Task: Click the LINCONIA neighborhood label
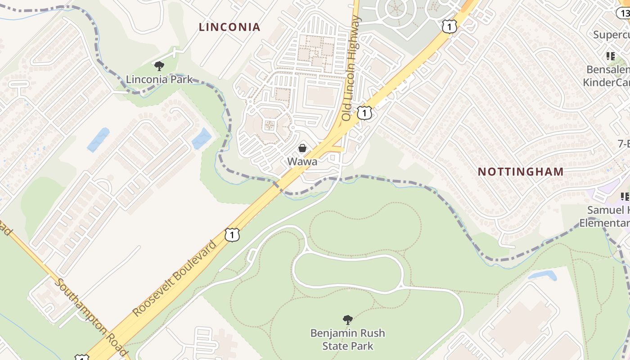tap(229, 27)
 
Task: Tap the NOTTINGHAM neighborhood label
tap(521, 171)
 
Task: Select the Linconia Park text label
tap(159, 80)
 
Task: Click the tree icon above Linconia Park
tap(159, 67)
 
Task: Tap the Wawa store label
tap(302, 161)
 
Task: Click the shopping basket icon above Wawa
tap(302, 148)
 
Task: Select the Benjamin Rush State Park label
tap(347, 339)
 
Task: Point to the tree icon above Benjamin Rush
tap(347, 320)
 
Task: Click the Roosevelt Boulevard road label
tap(175, 278)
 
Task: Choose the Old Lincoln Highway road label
tap(351, 68)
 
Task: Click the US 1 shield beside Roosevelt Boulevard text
tap(232, 234)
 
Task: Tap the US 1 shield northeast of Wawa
tap(364, 112)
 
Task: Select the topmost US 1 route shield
tap(449, 27)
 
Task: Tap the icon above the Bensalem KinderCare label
tap(611, 56)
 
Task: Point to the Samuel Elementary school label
tap(605, 216)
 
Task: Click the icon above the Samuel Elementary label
tap(625, 196)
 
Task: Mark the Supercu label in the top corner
tap(611, 35)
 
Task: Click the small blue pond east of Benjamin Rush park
tap(542, 275)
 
